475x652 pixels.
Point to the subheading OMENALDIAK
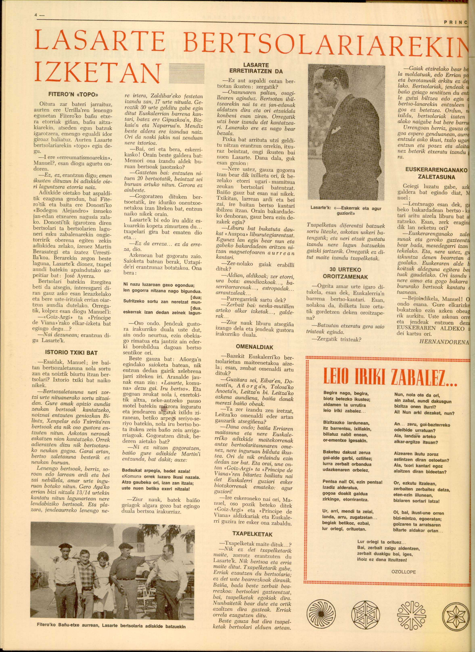(x=255, y=347)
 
